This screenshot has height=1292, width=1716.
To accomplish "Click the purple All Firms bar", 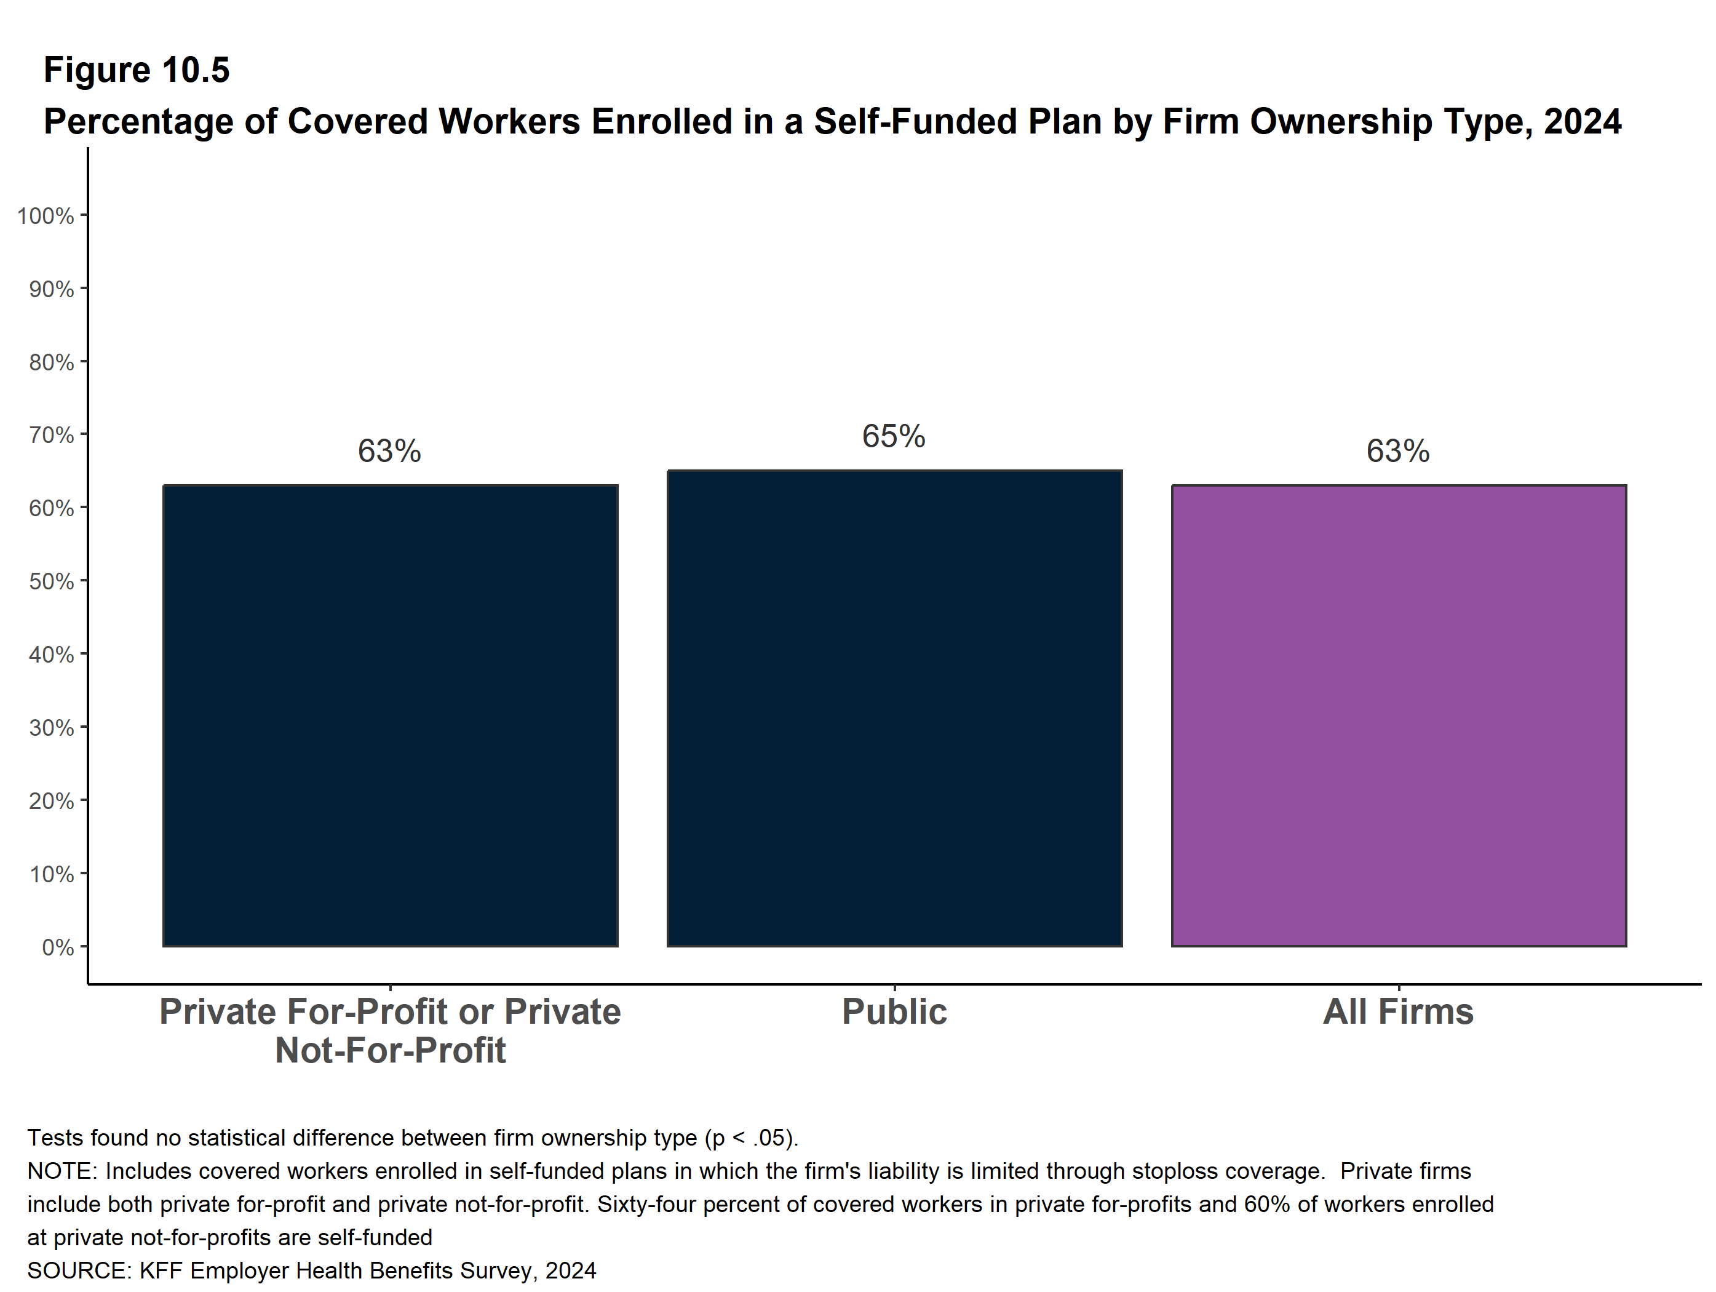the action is tap(1399, 716).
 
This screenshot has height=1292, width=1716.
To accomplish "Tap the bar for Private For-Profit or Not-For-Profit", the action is tap(390, 716).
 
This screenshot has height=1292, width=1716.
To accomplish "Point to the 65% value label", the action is tap(894, 436).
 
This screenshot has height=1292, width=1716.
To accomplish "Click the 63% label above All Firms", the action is tap(1398, 451).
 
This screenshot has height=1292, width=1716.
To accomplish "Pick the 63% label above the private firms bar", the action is tap(389, 451).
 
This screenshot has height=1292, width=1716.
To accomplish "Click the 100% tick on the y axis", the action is tap(46, 216).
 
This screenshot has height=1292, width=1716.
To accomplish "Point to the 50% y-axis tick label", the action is tap(51, 581).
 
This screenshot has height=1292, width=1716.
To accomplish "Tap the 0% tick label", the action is tap(58, 947).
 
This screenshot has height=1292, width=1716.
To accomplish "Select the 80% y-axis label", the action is tap(51, 362).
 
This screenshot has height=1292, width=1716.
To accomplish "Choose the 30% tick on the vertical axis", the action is tap(51, 728).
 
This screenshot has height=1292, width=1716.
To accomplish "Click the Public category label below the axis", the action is tap(894, 1012).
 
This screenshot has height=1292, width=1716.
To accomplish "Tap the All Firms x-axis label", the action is tap(1398, 1012).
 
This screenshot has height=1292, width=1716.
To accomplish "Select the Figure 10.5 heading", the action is tap(137, 70).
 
